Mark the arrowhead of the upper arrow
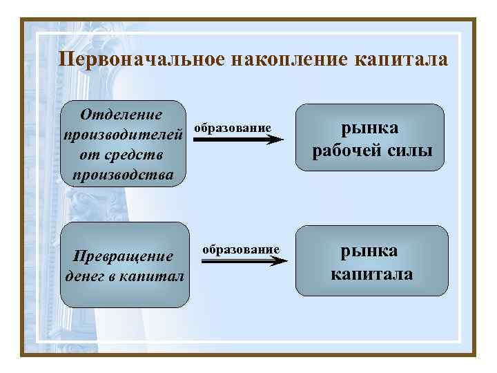[x=275, y=140]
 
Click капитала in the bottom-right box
[x=371, y=274]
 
